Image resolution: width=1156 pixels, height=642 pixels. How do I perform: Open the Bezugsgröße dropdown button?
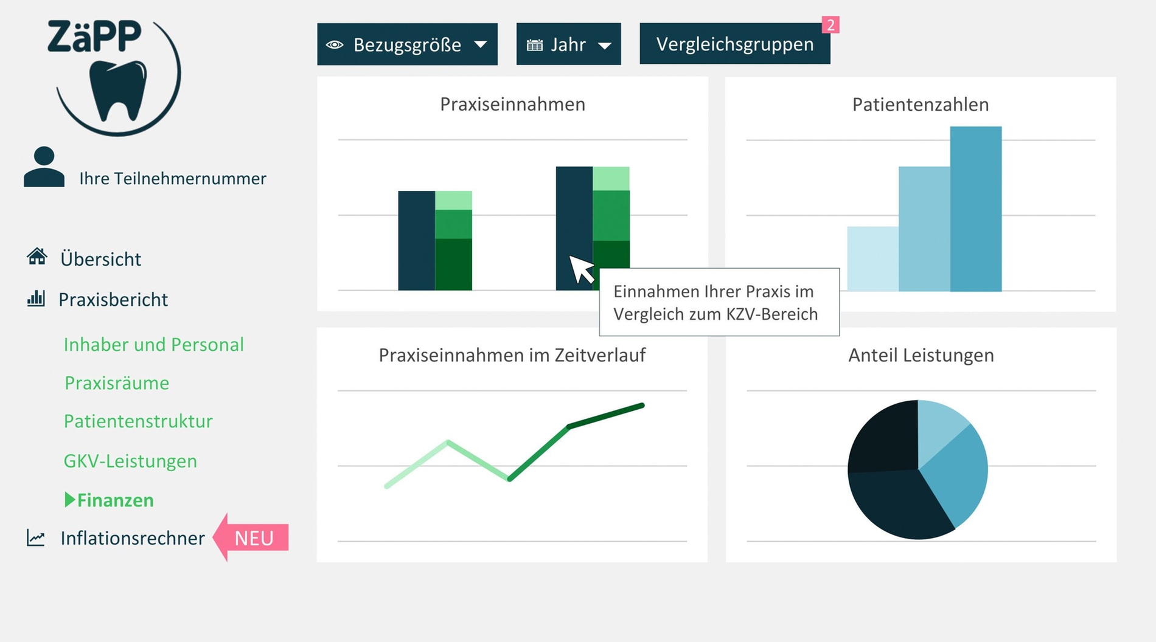pyautogui.click(x=407, y=44)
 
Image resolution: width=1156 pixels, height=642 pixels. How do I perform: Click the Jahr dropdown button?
pyautogui.click(x=568, y=44)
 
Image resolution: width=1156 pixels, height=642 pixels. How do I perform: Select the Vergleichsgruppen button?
pyautogui.click(x=734, y=44)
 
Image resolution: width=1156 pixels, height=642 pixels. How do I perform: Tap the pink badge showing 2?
pyautogui.click(x=830, y=25)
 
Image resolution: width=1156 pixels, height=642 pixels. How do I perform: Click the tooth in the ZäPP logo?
pyautogui.click(x=118, y=89)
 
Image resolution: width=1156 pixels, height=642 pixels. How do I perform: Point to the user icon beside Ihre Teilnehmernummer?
pyautogui.click(x=44, y=167)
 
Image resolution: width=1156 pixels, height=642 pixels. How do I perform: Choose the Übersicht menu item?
pyautogui.click(x=100, y=259)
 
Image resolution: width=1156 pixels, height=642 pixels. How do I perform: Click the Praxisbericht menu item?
pyautogui.click(x=113, y=300)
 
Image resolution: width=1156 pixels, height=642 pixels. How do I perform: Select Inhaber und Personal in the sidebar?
pyautogui.click(x=153, y=345)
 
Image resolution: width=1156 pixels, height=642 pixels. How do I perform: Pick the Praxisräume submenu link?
pyautogui.click(x=117, y=383)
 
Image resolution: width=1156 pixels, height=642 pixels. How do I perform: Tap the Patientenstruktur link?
pyautogui.click(x=138, y=421)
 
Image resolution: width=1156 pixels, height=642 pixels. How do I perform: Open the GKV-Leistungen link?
pyautogui.click(x=130, y=461)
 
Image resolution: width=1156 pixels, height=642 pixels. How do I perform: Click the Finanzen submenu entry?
pyautogui.click(x=115, y=500)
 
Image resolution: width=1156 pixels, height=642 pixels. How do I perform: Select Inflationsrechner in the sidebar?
pyautogui.click(x=132, y=538)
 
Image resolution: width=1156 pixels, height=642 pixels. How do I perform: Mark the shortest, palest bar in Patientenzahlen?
pyautogui.click(x=872, y=258)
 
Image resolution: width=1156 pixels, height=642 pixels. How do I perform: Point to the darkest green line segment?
pyautogui.click(x=606, y=416)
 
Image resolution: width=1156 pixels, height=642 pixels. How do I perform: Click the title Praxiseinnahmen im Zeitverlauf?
pyautogui.click(x=512, y=355)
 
